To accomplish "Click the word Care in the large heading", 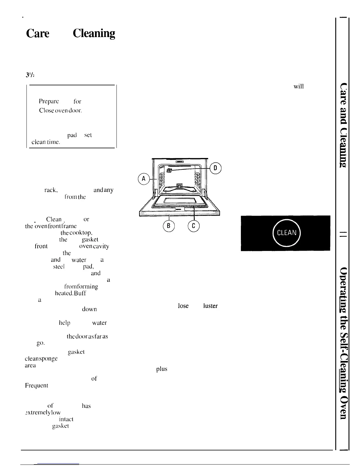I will click(x=38, y=34).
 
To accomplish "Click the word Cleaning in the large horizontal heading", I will click(x=94, y=34).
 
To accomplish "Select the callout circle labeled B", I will click(x=169, y=226).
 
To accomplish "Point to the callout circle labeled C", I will click(x=193, y=226).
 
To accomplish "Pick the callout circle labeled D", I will click(x=216, y=168).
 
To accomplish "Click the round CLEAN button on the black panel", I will click(x=286, y=233).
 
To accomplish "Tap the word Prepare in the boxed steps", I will click(x=49, y=101).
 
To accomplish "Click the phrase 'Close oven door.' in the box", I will click(x=60, y=111).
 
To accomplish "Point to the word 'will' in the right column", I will click(x=299, y=86).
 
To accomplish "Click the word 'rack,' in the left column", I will click(x=51, y=190).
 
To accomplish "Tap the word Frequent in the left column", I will click(x=36, y=385).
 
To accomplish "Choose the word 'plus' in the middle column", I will click(x=162, y=369).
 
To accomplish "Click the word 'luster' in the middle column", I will click(x=210, y=306).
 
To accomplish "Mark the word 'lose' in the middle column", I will click(x=183, y=306).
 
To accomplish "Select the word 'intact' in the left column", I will click(x=66, y=419).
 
